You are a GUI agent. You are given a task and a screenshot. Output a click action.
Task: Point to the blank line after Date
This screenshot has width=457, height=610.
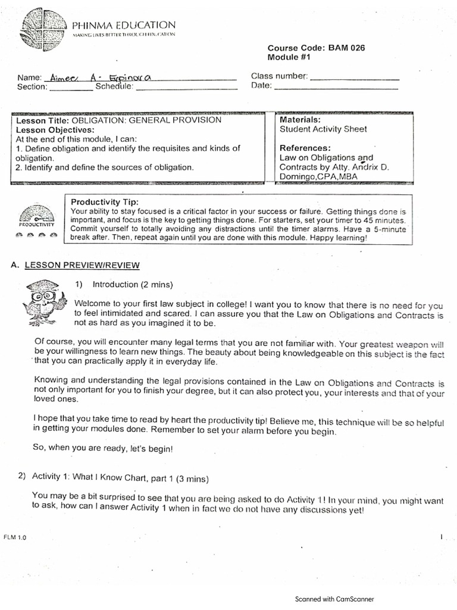tap(336, 87)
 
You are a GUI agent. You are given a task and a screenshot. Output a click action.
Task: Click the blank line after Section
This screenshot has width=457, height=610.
tap(71, 88)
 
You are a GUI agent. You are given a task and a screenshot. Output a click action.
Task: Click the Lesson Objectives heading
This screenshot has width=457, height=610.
tap(55, 129)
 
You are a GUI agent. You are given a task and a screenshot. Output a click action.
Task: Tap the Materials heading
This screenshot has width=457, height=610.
tap(300, 120)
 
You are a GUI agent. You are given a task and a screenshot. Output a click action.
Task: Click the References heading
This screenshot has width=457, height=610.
tap(305, 148)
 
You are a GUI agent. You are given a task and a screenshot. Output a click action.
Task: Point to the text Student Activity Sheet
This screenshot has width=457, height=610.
tap(323, 129)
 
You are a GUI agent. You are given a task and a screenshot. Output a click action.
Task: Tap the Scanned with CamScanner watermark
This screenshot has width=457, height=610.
tap(334, 599)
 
